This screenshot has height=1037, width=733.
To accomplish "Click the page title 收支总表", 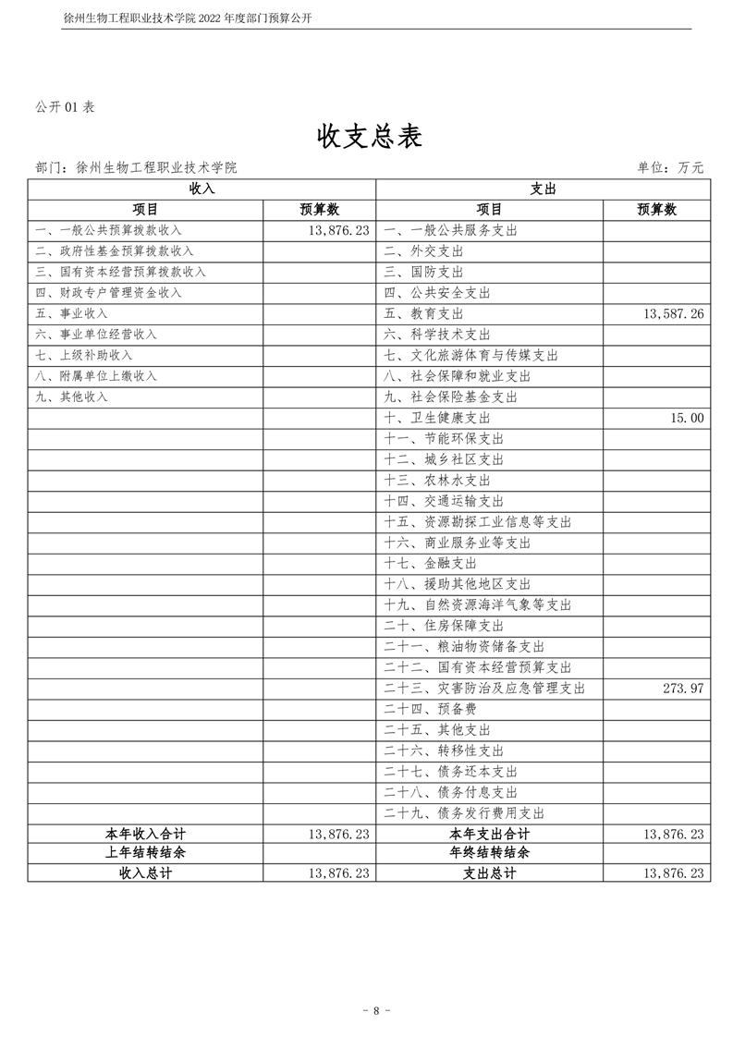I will (x=370, y=137).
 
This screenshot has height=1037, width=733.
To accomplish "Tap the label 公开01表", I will (x=65, y=107).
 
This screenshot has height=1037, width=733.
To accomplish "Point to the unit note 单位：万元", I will (x=670, y=167).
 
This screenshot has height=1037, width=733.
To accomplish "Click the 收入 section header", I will (x=202, y=189).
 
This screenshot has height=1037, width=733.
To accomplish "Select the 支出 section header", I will (x=543, y=189).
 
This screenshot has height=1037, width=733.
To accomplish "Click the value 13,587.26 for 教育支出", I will (x=672, y=314).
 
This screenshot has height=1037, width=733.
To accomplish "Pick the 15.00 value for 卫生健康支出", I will (x=688, y=418).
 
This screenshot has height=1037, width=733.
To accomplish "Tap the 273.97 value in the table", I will (x=683, y=689).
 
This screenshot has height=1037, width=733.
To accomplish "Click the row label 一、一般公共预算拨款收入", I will (x=108, y=230).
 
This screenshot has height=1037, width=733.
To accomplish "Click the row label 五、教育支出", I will (x=423, y=314).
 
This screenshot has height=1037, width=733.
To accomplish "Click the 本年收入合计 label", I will (x=146, y=834).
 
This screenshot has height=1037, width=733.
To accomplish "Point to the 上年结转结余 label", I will (x=146, y=853).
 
